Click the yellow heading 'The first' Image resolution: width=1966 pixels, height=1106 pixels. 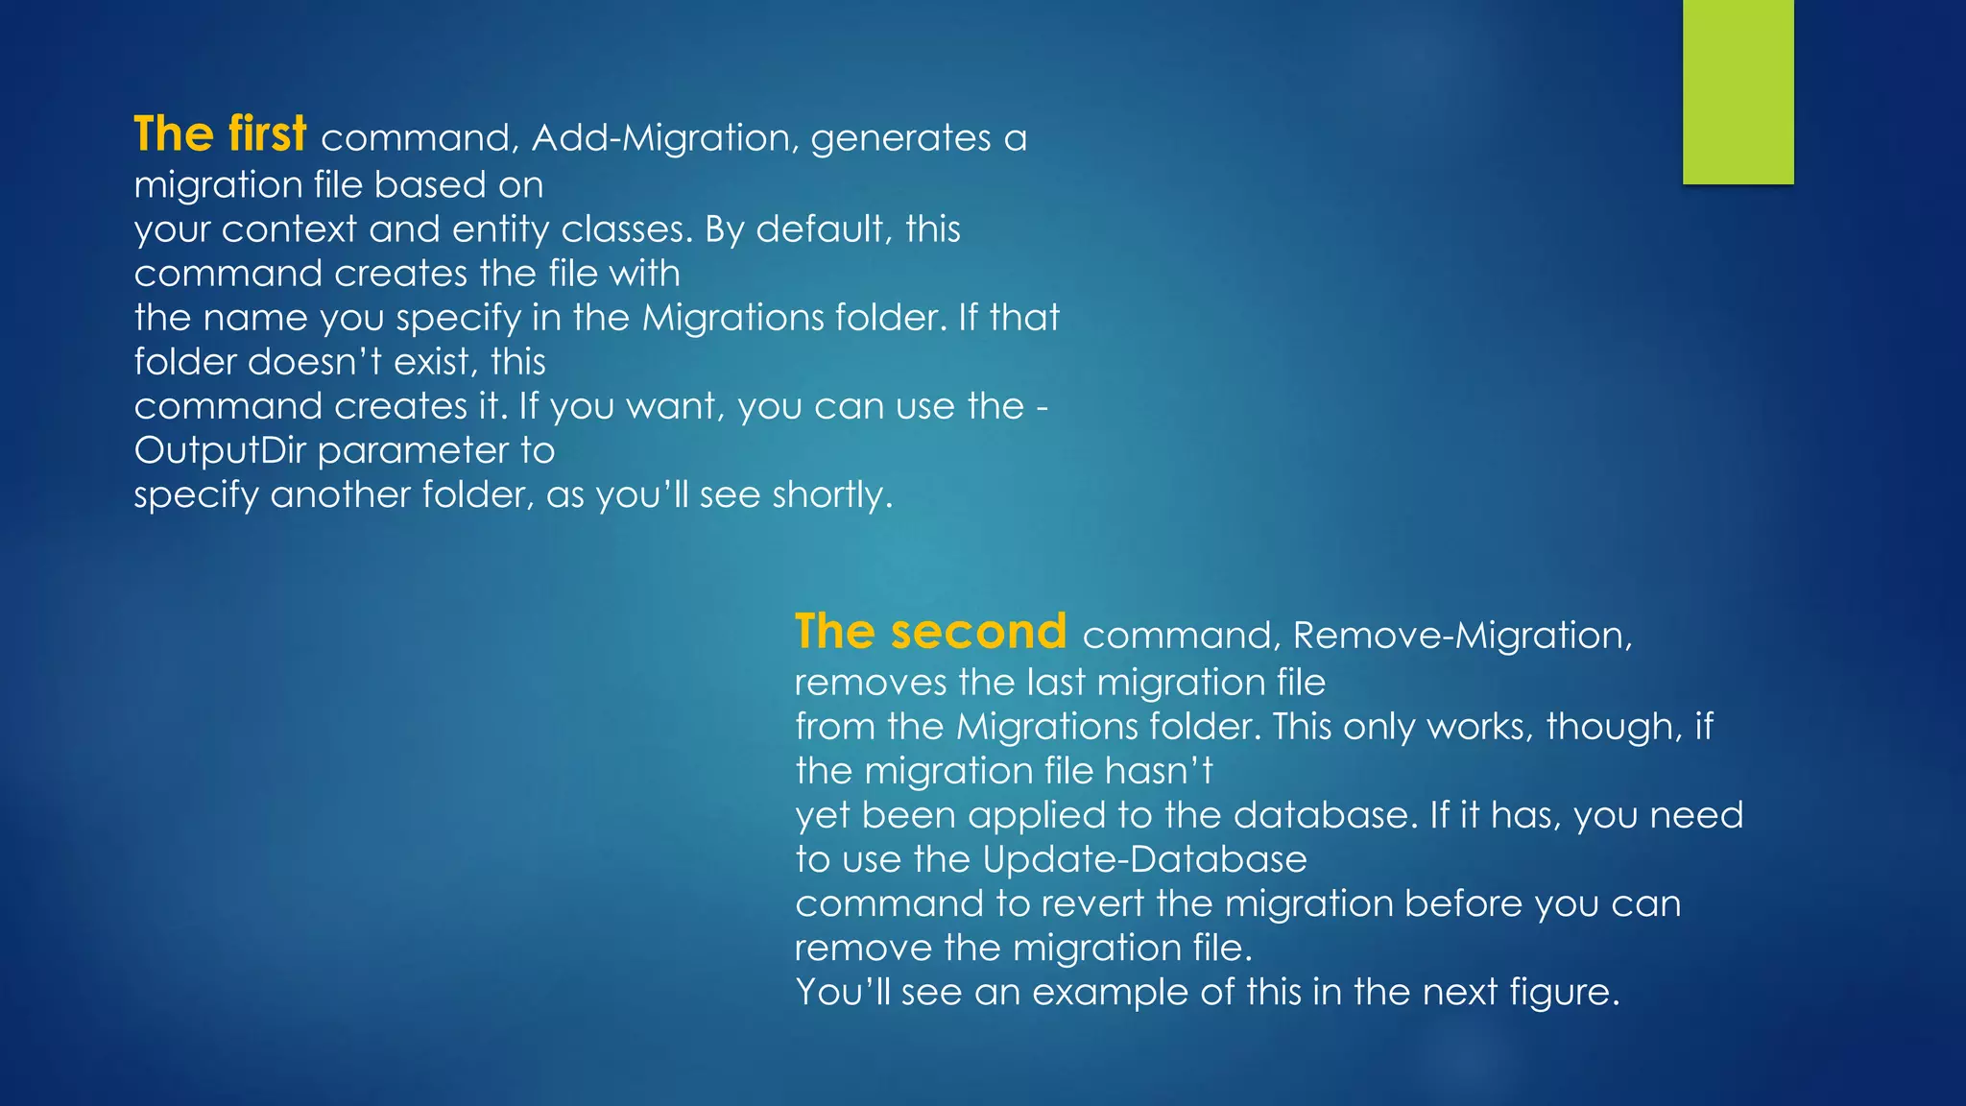[220, 133]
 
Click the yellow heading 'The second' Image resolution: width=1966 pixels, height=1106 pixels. [930, 632]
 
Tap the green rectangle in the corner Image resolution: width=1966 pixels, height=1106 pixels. [1738, 91]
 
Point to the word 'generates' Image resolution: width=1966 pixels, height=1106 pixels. [900, 139]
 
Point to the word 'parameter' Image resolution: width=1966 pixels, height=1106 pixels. [414, 451]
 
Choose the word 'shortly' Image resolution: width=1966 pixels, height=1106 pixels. [831, 495]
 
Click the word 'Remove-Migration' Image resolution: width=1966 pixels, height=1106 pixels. [1461, 636]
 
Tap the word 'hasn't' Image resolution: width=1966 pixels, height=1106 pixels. [1159, 771]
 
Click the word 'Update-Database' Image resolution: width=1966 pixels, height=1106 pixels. [1144, 859]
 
